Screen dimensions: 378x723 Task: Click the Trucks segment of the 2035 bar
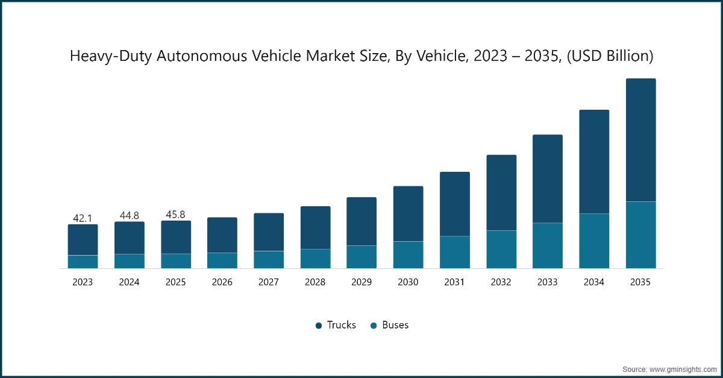[x=640, y=140]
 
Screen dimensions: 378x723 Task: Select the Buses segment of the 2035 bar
[x=640, y=235]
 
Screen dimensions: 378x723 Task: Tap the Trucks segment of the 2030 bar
[x=408, y=213]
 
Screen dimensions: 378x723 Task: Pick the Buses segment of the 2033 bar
[x=548, y=245]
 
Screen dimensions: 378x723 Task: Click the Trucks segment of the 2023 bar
[x=83, y=239]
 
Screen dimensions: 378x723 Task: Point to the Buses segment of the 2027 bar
[x=269, y=259]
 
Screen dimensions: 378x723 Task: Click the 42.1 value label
[x=83, y=218]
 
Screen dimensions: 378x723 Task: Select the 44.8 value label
[x=129, y=215]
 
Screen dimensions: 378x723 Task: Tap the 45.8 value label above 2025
[x=175, y=214]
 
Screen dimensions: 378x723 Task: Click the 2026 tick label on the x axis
[x=222, y=282]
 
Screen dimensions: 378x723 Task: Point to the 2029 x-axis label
[x=361, y=282]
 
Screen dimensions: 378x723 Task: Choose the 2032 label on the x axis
[x=501, y=282]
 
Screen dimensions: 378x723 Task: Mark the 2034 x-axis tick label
[x=594, y=282]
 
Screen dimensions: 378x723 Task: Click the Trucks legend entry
[x=341, y=325]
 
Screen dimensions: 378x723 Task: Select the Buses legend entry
[x=395, y=325]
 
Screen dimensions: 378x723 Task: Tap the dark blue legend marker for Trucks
[x=319, y=326]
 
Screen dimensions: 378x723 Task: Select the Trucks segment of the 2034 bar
[x=594, y=162]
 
